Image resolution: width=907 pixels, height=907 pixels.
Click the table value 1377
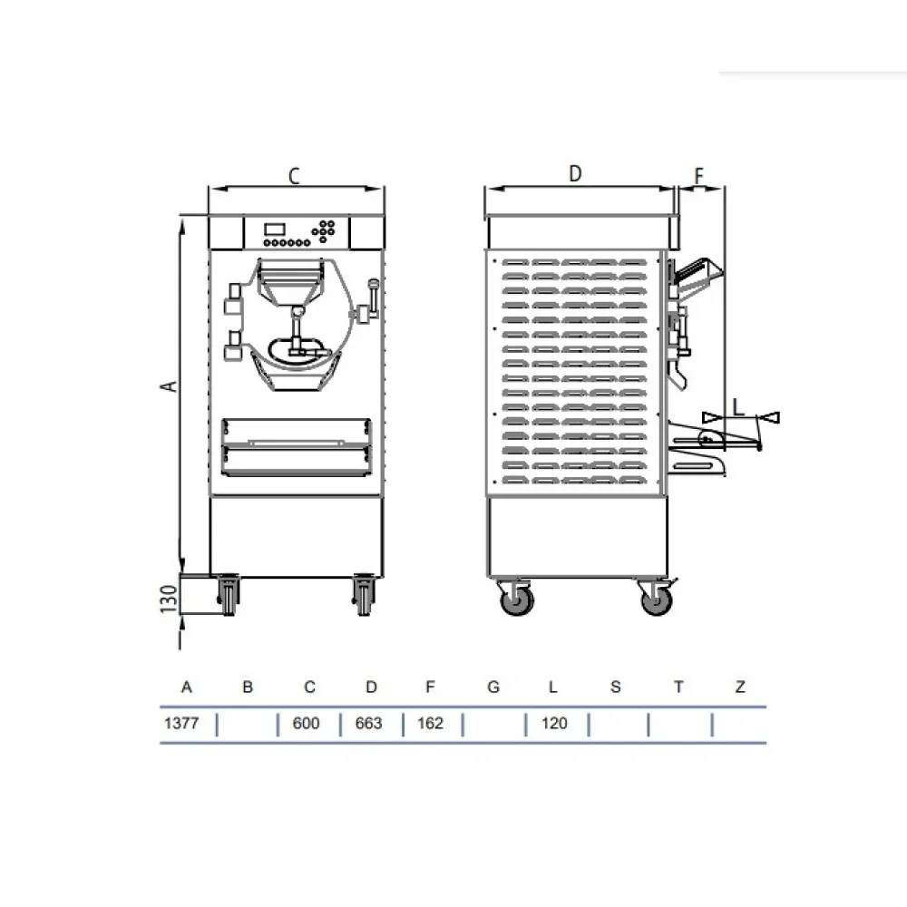pos(180,724)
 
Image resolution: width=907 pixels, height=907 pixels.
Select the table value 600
pos(307,724)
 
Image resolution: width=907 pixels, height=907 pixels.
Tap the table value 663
pos(369,724)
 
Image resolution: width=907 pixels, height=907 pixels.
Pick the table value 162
pos(430,724)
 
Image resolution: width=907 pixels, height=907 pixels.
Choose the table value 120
pos(552,724)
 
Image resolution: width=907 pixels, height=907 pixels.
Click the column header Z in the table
pos(740,688)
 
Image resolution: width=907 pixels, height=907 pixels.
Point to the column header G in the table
pos(493,688)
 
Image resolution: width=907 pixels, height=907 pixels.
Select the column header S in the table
pos(616,688)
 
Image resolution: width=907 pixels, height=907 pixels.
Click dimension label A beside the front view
pos(167,386)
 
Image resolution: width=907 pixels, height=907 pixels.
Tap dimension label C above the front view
pos(294,177)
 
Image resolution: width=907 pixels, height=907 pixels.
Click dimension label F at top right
pos(698,175)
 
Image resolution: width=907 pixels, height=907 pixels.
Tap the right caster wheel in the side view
pos(657,600)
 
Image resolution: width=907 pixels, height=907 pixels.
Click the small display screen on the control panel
pos(276,229)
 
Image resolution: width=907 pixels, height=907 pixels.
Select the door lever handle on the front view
pos(370,299)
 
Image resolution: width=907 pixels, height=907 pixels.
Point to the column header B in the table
pos(248,688)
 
